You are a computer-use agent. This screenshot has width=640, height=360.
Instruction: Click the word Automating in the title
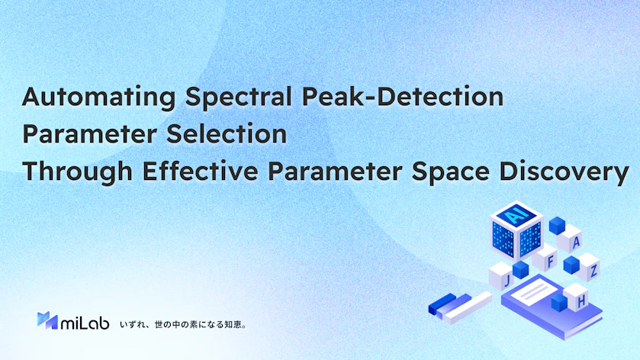point(98,98)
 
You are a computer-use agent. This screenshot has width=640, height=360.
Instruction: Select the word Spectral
point(238,98)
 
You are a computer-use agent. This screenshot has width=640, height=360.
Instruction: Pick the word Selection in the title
point(227,133)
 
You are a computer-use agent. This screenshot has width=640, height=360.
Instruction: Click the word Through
point(78,172)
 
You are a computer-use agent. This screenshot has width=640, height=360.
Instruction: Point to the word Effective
point(200,171)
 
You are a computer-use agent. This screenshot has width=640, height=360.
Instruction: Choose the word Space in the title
point(451,172)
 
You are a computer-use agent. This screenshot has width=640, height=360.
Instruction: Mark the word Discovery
point(564,172)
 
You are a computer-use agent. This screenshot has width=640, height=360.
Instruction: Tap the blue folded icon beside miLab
point(47,320)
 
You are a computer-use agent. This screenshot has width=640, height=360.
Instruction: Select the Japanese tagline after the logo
point(183,324)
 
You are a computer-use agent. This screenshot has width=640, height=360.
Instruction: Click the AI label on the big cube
point(516,214)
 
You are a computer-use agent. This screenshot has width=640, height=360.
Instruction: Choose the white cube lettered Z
point(589,268)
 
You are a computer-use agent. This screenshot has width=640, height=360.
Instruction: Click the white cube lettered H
point(577,298)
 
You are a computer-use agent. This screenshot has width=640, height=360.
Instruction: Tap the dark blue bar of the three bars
point(442,304)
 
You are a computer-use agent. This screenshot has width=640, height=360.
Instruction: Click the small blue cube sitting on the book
point(559,303)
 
